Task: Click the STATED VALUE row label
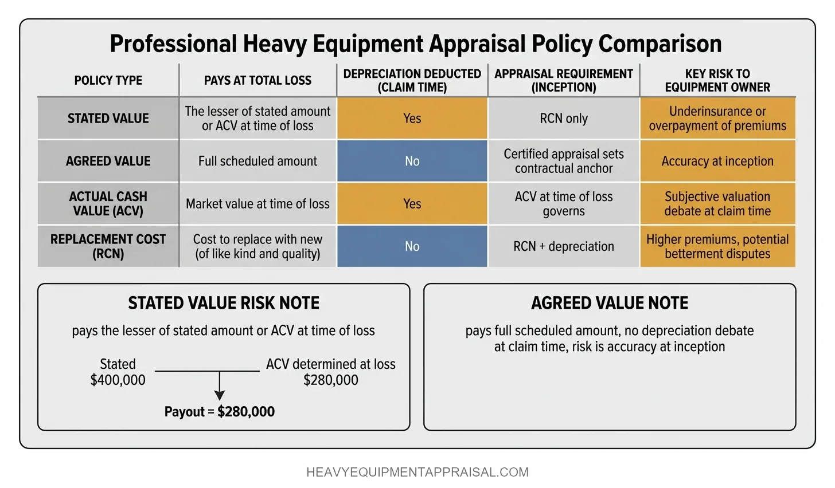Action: point(108,119)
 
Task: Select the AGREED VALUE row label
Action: point(108,162)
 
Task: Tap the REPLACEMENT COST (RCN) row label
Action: point(108,246)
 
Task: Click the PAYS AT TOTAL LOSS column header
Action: point(257,81)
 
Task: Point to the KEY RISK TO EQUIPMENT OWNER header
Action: point(717,81)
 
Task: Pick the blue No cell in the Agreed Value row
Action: point(412,162)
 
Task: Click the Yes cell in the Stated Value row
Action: point(412,119)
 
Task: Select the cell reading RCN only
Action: point(563,119)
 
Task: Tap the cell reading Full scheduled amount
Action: point(257,162)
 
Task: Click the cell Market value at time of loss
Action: point(257,204)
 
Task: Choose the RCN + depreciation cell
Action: point(563,246)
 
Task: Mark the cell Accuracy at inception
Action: point(717,162)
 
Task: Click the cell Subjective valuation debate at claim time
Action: point(717,204)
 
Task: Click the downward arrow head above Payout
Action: point(219,395)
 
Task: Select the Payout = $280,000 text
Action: point(219,412)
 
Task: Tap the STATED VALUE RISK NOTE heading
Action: point(224,303)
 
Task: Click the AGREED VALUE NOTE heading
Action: point(610,303)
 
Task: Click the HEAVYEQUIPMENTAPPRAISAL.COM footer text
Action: point(417,473)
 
